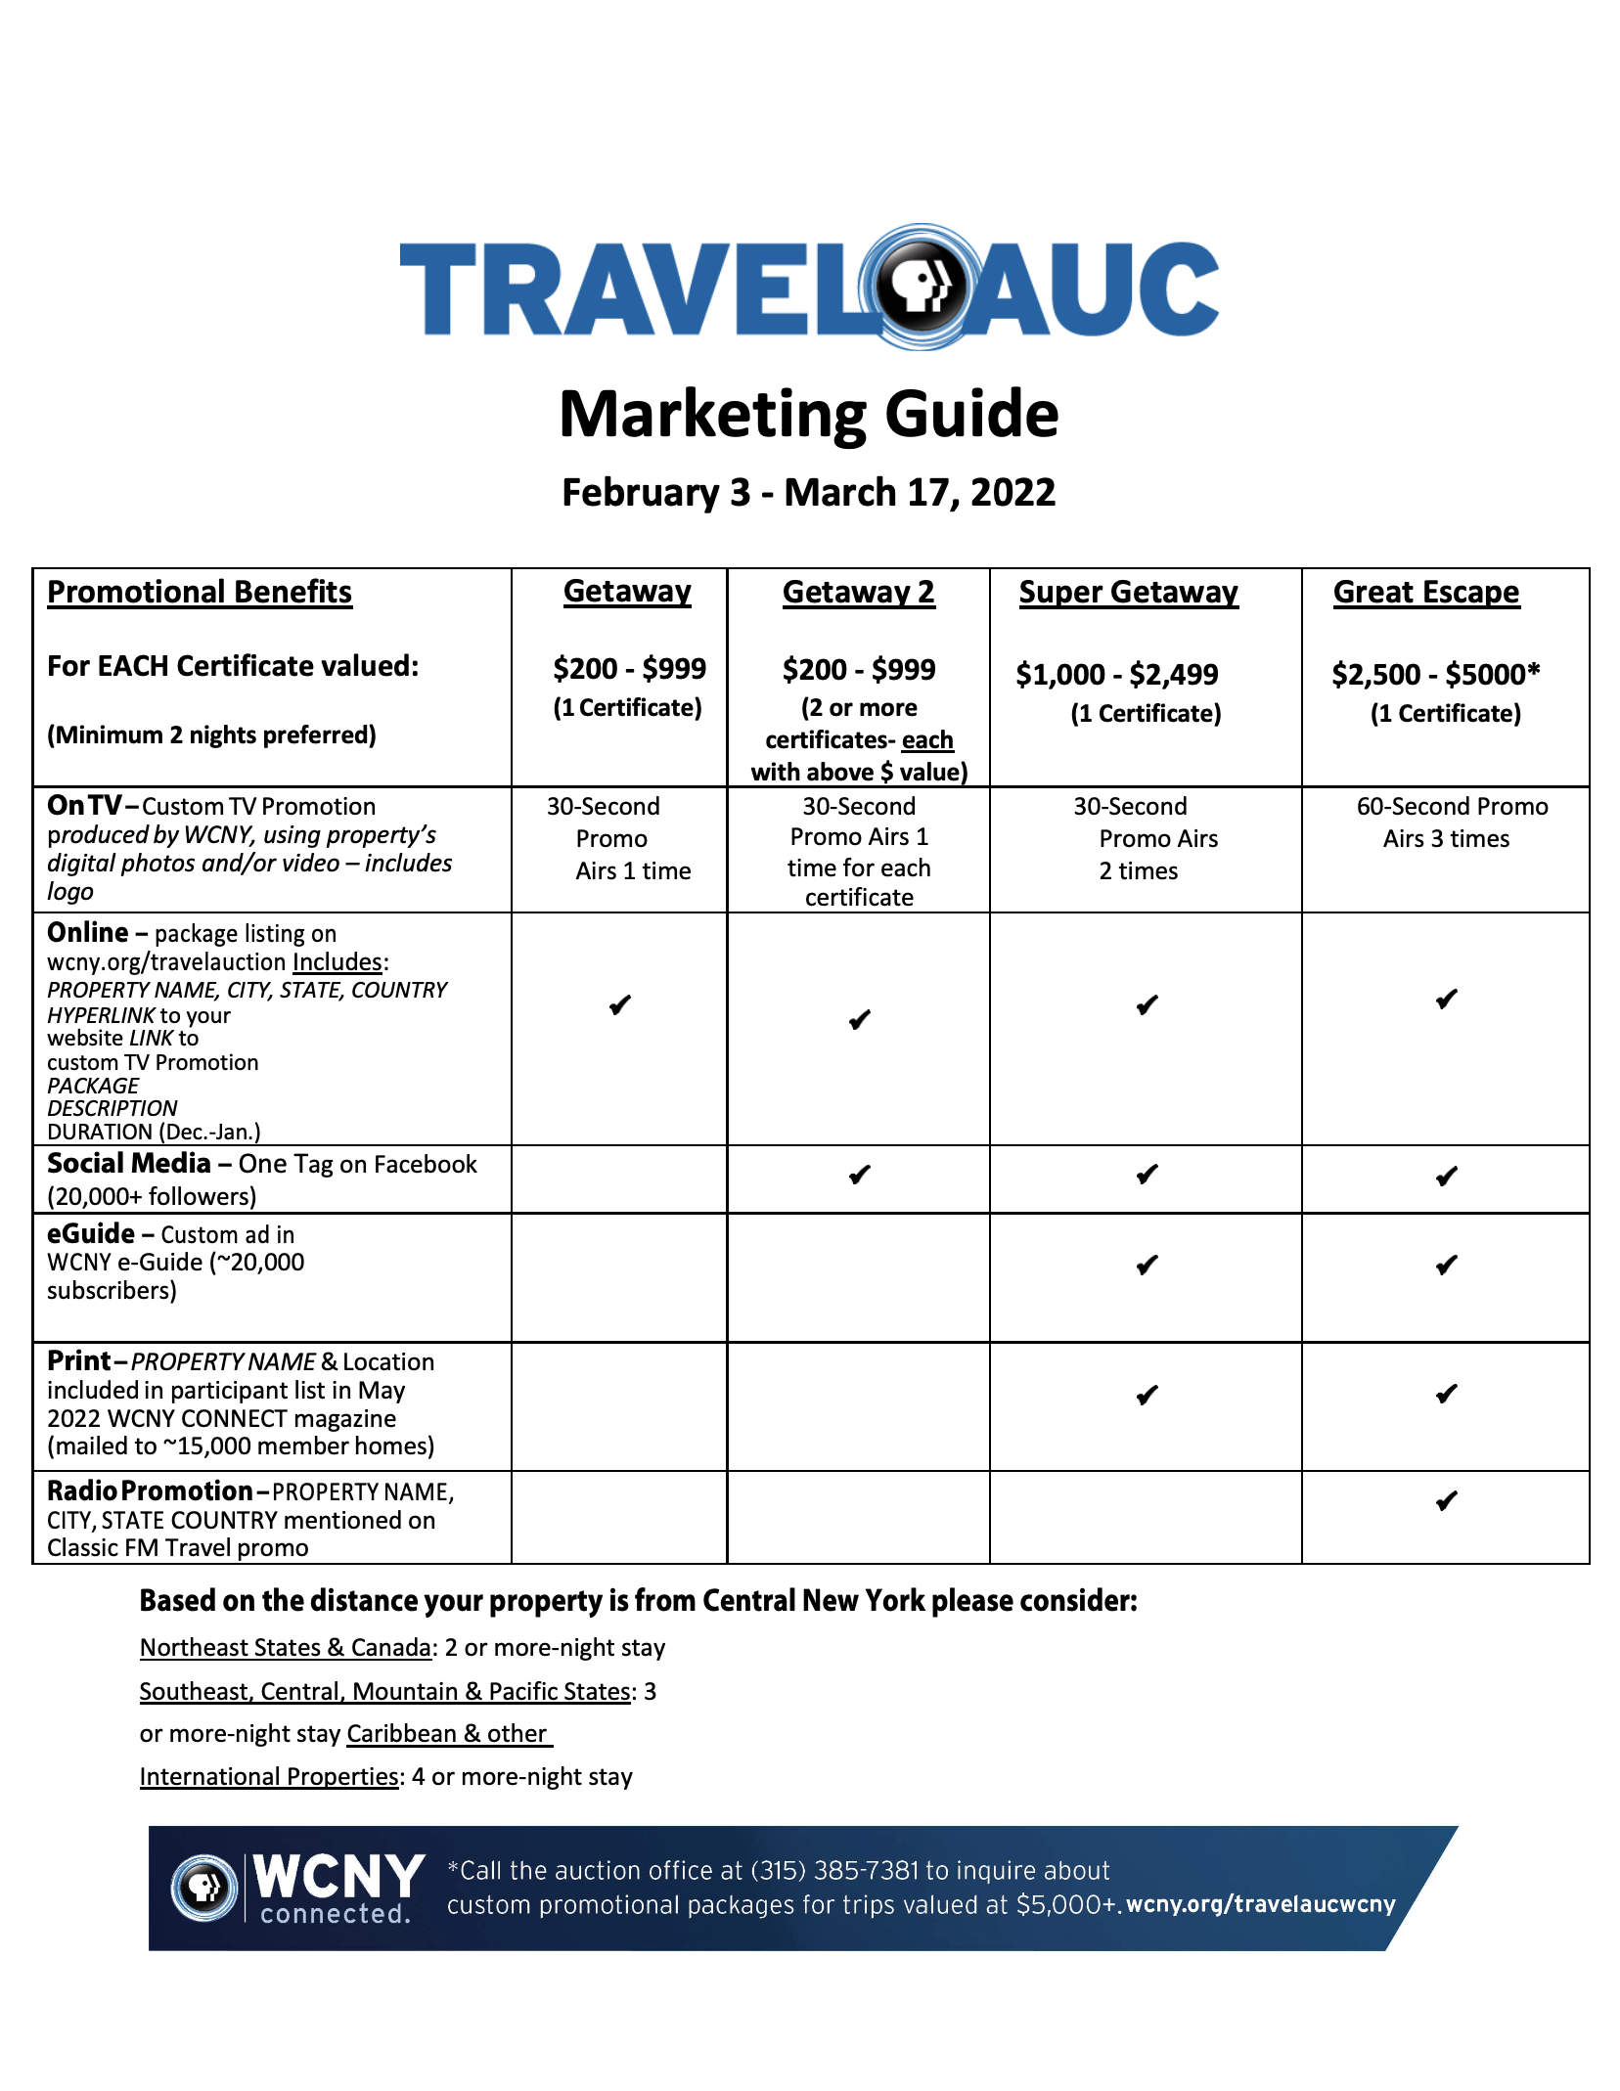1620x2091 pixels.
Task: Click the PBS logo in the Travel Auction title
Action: [920, 287]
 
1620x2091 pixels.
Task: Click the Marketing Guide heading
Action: [809, 414]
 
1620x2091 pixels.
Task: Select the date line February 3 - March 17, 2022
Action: [809, 493]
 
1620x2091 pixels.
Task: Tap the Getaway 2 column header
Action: [858, 593]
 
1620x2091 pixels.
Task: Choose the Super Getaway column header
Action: [1128, 593]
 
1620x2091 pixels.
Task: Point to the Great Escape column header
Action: [1426, 593]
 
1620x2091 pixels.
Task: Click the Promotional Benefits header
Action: [200, 593]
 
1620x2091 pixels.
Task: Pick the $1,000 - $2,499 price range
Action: [1117, 675]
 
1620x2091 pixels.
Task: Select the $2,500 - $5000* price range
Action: [1435, 675]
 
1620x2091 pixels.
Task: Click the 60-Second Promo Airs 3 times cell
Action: [1451, 823]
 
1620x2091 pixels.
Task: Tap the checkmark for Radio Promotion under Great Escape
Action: [1447, 1501]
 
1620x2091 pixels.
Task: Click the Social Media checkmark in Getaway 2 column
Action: [860, 1175]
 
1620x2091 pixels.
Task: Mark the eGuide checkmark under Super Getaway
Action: [1147, 1266]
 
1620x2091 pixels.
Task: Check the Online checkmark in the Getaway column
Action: [620, 1005]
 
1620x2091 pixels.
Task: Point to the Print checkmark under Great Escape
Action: [1447, 1394]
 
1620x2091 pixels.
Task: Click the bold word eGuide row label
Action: [91, 1234]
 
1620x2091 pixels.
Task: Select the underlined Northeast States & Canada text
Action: [286, 1648]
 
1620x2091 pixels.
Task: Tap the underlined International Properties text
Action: [269, 1777]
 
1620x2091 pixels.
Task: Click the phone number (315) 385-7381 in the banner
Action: [834, 1871]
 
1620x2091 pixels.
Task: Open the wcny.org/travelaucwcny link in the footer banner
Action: [1260, 1904]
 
